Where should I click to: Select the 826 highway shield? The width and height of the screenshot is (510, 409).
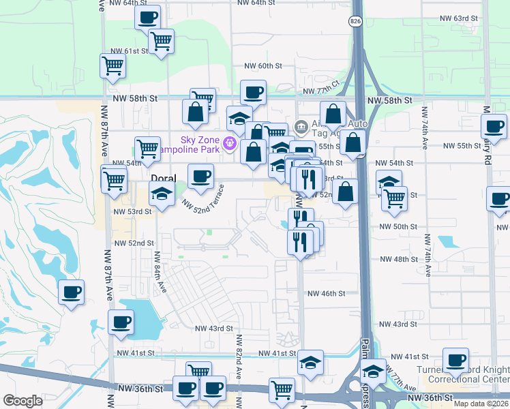click(x=356, y=22)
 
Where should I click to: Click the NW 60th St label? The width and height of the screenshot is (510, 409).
click(x=263, y=66)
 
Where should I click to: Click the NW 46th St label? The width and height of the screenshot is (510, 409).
click(x=327, y=293)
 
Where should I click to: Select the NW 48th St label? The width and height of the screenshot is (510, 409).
click(x=399, y=259)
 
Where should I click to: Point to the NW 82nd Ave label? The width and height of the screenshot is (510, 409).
click(x=239, y=357)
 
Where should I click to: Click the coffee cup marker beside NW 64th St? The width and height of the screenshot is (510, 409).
click(x=147, y=16)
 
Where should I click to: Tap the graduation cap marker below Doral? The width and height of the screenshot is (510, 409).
click(x=161, y=195)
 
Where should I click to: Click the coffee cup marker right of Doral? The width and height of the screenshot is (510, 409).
click(x=200, y=176)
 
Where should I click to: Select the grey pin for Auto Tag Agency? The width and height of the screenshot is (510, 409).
click(x=301, y=127)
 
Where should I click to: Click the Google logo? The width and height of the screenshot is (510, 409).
click(x=22, y=401)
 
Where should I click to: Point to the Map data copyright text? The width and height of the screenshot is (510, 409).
click(x=481, y=404)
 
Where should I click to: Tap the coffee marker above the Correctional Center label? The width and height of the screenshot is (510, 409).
click(x=455, y=359)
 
